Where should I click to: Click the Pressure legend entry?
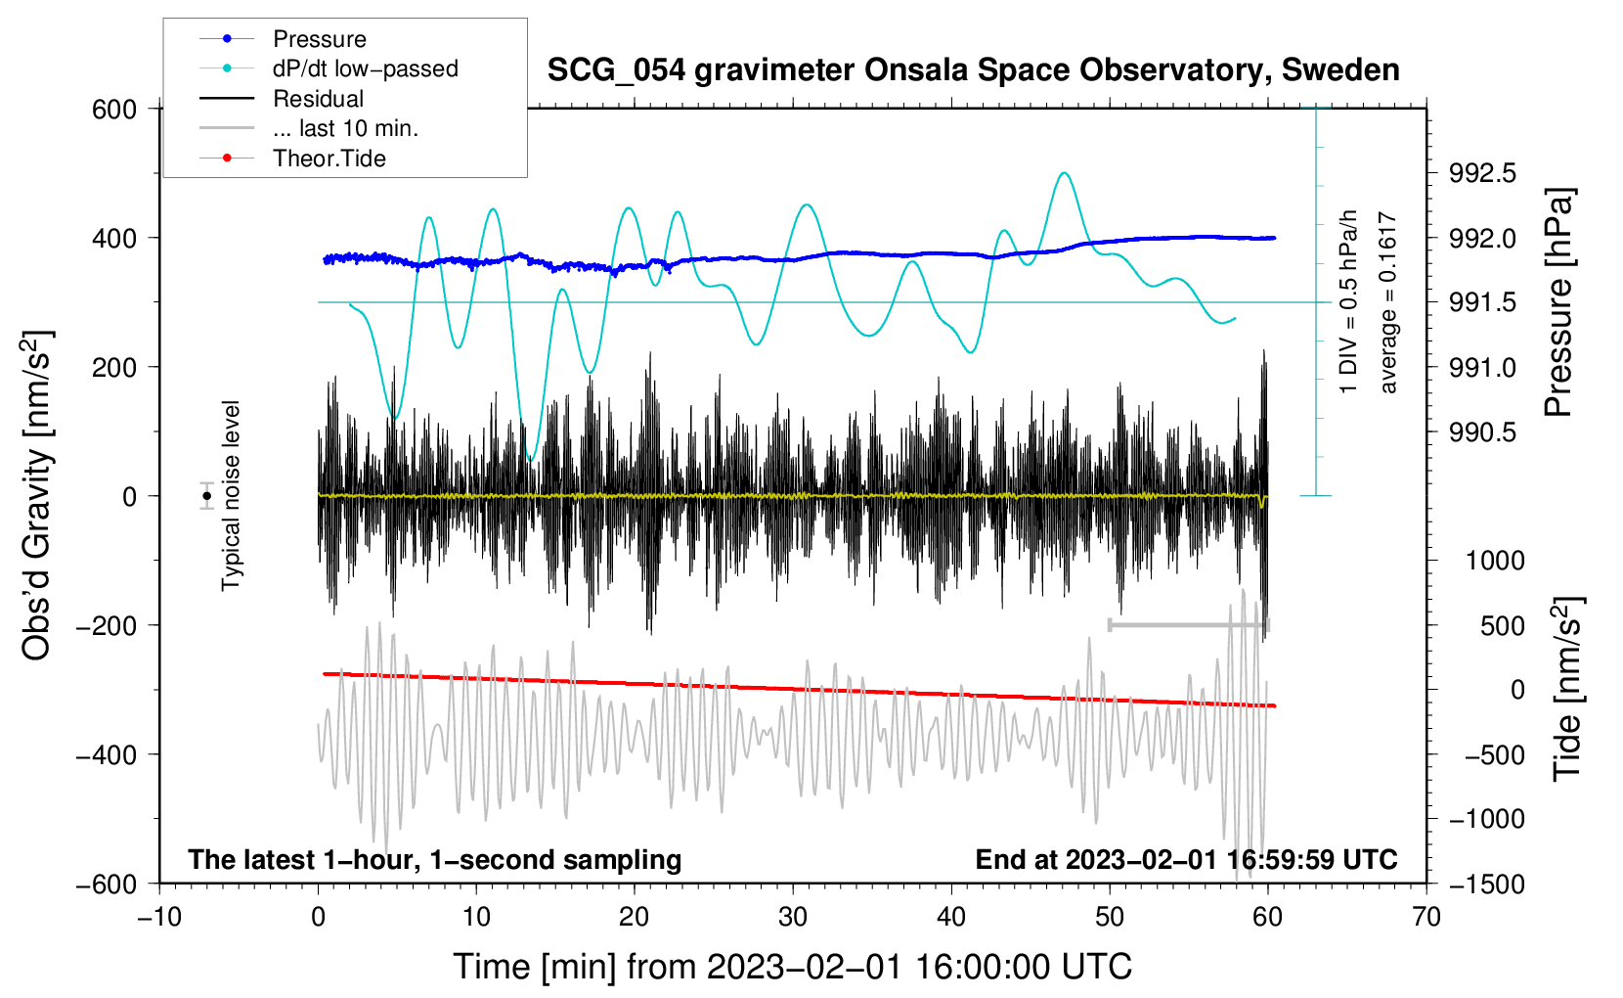(x=319, y=39)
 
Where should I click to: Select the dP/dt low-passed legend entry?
(x=365, y=68)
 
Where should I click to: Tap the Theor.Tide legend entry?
(x=329, y=159)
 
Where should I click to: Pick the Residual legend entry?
(x=318, y=99)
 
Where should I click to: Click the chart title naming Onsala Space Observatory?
(x=973, y=70)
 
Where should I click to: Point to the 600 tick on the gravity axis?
(x=114, y=110)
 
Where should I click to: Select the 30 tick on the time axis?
(x=793, y=917)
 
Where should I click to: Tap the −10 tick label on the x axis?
(x=159, y=917)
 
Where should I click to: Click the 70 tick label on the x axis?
(x=1426, y=917)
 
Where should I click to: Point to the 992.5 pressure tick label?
(x=1482, y=174)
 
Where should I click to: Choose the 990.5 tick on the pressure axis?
(x=1482, y=432)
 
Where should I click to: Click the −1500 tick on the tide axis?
(x=1487, y=884)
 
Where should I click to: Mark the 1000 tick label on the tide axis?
(x=1495, y=561)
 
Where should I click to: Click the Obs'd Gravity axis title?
(x=36, y=495)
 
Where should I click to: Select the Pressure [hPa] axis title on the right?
(x=1559, y=303)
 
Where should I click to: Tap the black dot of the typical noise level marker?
(x=207, y=496)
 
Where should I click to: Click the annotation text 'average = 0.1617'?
(x=1387, y=303)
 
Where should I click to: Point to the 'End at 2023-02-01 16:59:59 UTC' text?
(x=1186, y=860)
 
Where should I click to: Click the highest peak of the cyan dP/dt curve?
(x=1064, y=173)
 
